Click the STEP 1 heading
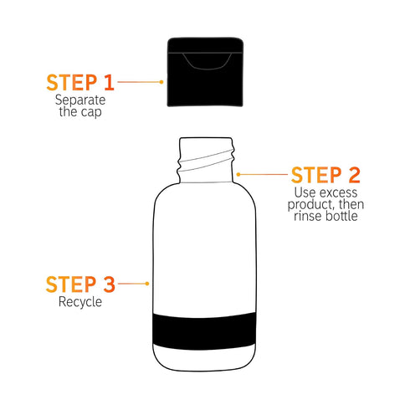pos(79,82)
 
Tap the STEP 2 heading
pos(325,175)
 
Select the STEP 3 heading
pos(79,284)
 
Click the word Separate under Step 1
pos(79,100)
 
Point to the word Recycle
pos(79,302)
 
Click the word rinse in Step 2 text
pos(307,216)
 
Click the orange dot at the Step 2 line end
pos(238,174)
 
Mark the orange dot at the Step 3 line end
pos(149,284)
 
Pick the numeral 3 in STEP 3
pos(108,284)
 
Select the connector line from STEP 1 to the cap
pos(141,81)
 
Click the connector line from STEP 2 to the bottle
pos(263,174)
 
